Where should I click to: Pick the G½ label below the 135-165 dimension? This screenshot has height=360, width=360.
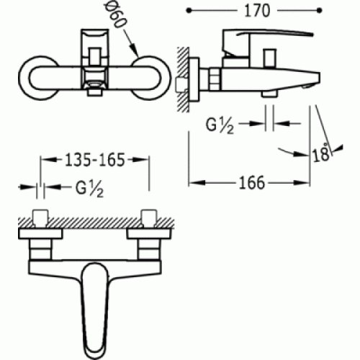(x=89, y=190)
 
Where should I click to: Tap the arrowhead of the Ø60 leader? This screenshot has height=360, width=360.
(x=137, y=55)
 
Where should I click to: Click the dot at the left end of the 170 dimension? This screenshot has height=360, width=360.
(x=190, y=12)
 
